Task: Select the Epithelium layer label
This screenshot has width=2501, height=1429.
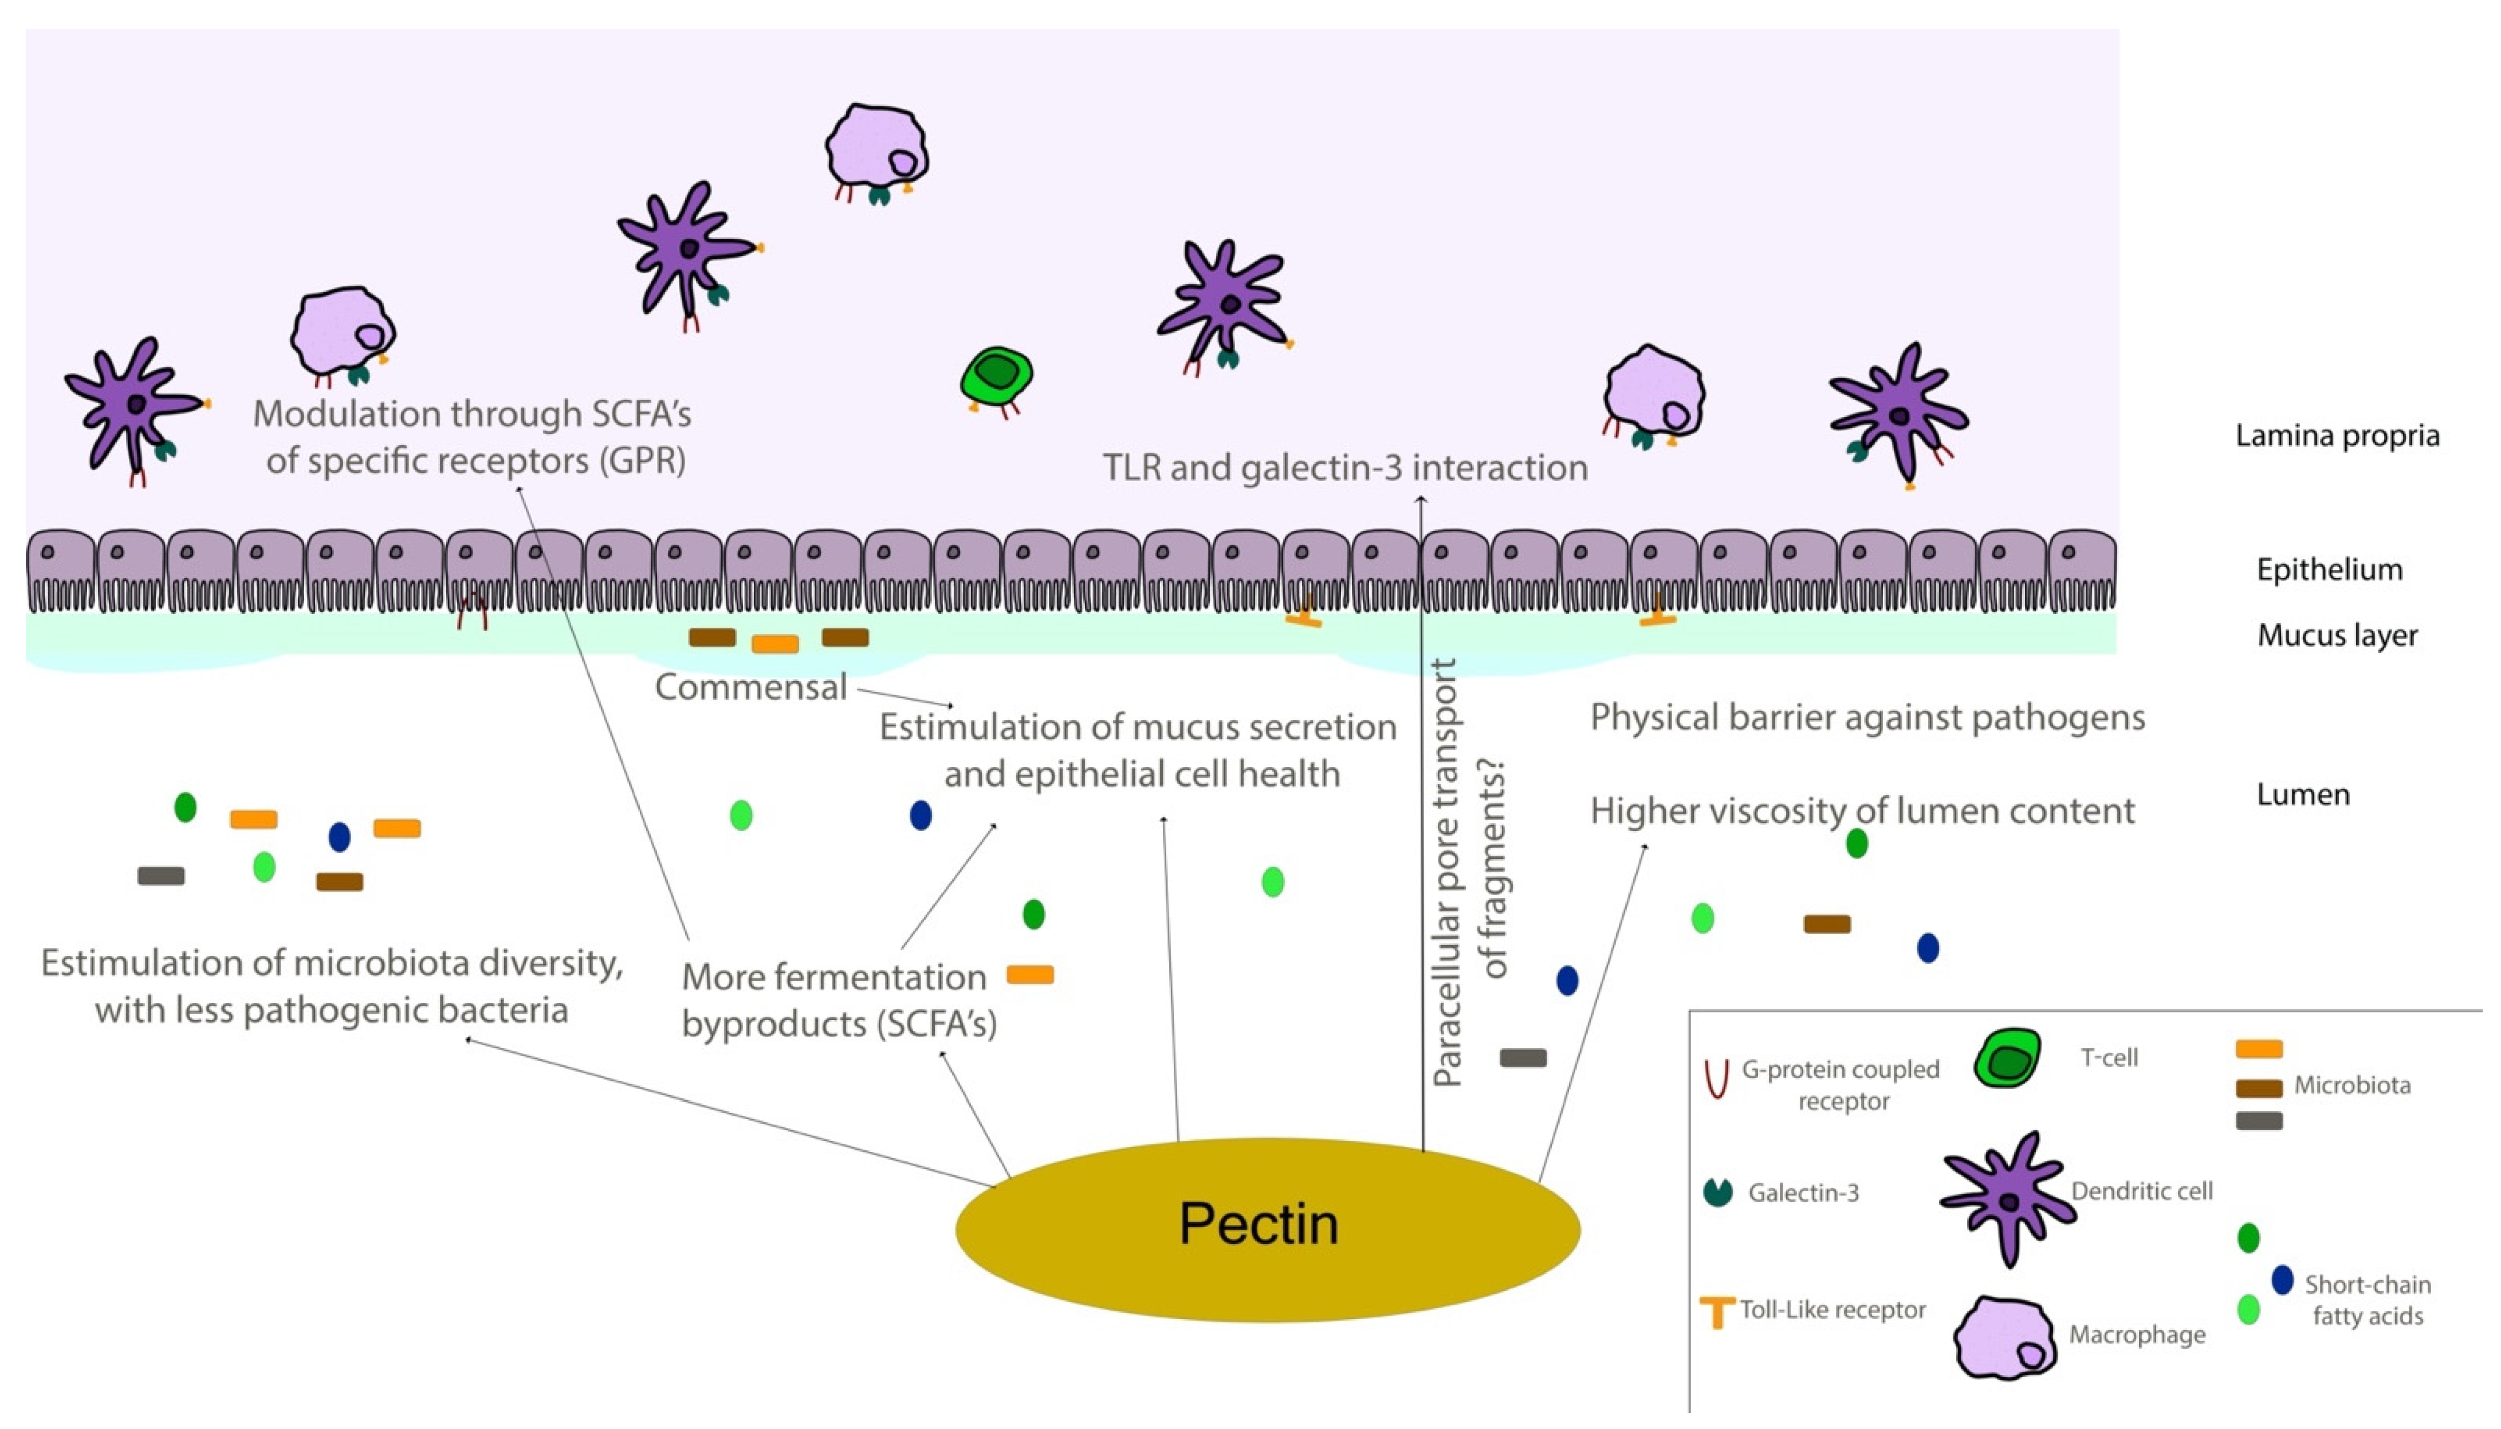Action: (2328, 569)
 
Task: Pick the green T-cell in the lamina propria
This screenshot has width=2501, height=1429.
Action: (996, 376)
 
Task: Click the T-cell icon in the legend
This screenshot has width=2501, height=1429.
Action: (2007, 1058)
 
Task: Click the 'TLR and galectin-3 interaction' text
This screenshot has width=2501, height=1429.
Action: (1344, 468)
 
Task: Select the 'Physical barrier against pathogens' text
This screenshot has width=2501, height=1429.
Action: (1867, 718)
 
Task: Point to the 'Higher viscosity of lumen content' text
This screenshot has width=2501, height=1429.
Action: (1862, 810)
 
